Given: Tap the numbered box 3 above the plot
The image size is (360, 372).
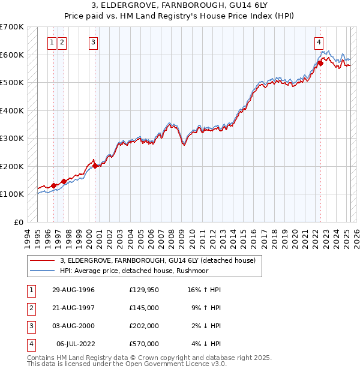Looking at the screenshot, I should (94, 42).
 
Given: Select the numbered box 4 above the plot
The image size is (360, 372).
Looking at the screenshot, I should (319, 42).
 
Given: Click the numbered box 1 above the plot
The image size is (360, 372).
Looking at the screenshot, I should (53, 42).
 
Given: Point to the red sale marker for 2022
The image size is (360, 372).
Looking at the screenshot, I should (320, 63).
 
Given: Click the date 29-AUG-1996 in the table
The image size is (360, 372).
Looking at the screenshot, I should (74, 290).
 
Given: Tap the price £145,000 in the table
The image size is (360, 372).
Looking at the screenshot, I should (144, 308).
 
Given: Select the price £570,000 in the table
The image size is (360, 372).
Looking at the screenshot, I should (144, 344).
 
